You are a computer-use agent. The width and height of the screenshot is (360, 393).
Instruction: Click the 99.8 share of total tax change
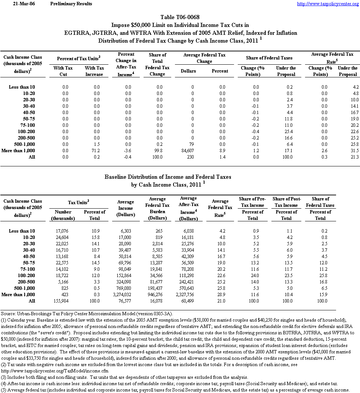(160, 150)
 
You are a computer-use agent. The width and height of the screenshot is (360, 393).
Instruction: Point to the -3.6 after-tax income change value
(128, 150)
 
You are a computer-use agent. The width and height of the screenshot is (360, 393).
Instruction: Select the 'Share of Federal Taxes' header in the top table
(269, 58)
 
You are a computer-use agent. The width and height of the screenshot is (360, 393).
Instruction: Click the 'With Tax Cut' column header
(63, 71)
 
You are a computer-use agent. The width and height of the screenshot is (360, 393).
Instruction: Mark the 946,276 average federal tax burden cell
(162, 294)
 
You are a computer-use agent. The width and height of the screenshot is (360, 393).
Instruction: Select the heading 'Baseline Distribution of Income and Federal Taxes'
(167, 177)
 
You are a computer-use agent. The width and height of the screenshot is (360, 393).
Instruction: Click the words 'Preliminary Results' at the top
(71, 4)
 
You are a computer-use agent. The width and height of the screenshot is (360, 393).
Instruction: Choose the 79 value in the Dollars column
(193, 144)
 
